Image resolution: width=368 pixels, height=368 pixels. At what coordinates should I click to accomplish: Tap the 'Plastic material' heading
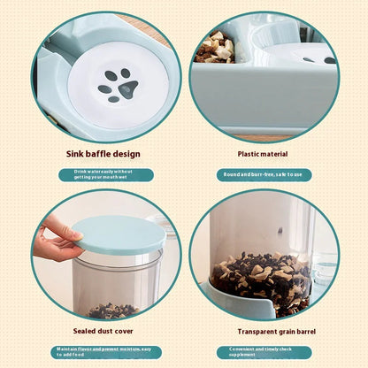(263, 154)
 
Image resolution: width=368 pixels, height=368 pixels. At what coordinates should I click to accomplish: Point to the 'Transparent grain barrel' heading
(264, 331)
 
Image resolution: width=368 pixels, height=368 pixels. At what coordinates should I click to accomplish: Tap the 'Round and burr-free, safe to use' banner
(264, 174)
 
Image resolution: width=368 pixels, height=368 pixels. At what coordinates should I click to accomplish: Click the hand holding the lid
(54, 241)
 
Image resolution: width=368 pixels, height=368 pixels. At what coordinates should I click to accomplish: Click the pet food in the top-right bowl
(216, 47)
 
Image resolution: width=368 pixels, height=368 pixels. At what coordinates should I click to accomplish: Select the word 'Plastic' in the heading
(249, 154)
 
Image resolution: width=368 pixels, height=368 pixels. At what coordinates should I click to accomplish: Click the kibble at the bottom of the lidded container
(112, 310)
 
